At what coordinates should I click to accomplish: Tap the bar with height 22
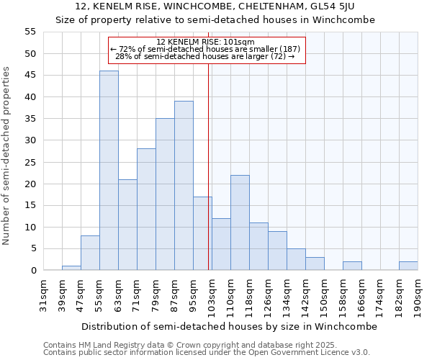pos(240,222)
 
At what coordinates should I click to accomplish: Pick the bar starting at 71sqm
pos(146,210)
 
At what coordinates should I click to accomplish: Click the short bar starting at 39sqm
pos(71,268)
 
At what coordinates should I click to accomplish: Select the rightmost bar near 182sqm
pos(408,266)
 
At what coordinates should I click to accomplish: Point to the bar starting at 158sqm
pos(352,266)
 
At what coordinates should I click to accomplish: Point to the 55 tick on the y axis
pos(30,32)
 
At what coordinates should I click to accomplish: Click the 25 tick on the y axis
pos(30,162)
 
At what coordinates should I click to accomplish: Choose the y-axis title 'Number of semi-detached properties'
pos(8,156)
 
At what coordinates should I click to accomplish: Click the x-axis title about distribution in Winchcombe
pos(229,326)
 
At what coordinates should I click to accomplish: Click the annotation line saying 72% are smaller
pos(205,49)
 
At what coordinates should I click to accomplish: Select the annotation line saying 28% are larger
pos(205,56)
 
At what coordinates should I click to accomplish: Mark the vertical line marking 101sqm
pos(209,166)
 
